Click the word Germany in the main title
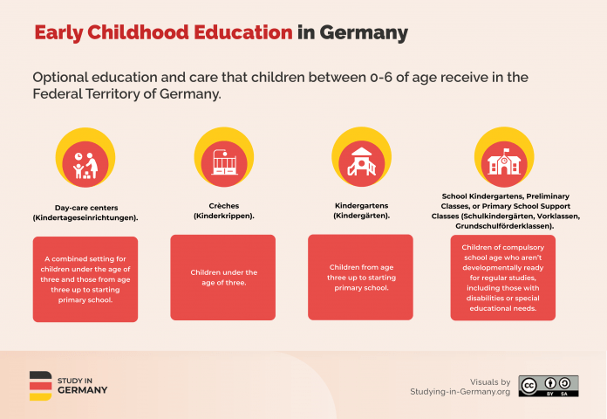(x=364, y=33)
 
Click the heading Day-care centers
(x=85, y=208)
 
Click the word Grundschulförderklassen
(x=497, y=225)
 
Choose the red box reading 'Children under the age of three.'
(x=222, y=278)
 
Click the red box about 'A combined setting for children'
(x=85, y=279)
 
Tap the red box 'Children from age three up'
(x=360, y=278)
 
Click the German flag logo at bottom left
(x=40, y=386)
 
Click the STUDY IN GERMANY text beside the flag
(x=82, y=386)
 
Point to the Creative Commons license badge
(x=548, y=386)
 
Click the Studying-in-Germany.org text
(x=460, y=392)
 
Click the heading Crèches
(x=222, y=205)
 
